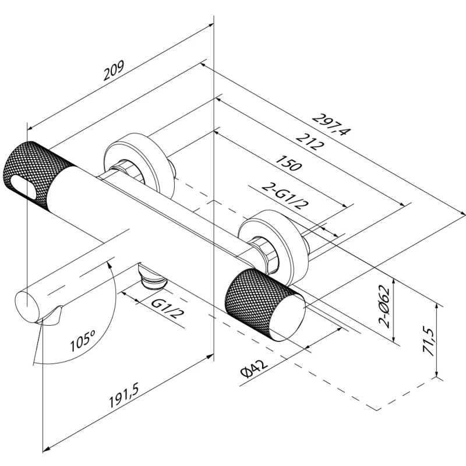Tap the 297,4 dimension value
[x=330, y=124]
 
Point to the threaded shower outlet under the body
[x=153, y=280]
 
